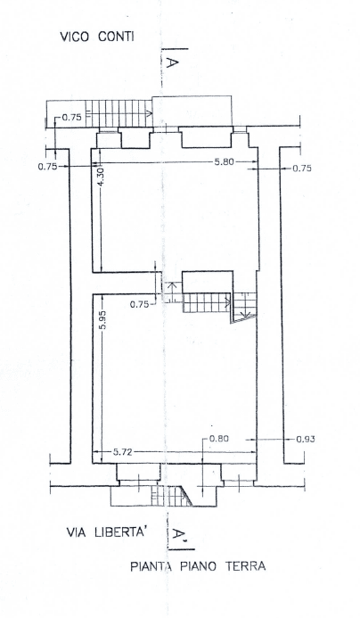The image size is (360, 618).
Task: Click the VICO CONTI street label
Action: point(97,37)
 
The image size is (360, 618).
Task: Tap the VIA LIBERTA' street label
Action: point(107,532)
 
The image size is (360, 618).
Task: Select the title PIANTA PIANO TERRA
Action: point(198,566)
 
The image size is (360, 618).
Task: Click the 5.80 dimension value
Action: point(225,161)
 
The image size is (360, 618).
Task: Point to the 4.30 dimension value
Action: point(101,177)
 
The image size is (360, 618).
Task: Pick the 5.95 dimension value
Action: point(102,322)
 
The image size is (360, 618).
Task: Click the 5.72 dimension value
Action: point(122,452)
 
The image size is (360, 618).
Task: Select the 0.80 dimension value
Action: point(219,438)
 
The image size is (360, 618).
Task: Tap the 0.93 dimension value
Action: point(306,439)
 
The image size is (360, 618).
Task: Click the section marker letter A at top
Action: point(170,62)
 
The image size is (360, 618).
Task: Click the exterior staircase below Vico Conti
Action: point(119,113)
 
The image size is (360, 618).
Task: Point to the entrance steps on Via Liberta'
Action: point(172,496)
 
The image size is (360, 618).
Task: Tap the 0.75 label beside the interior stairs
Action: point(139,304)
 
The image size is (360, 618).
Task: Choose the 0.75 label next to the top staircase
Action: point(71,117)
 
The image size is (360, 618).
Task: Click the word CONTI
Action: point(116,37)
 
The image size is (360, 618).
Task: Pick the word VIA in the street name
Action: point(77,532)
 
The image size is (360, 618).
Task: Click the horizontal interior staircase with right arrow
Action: point(207,302)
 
